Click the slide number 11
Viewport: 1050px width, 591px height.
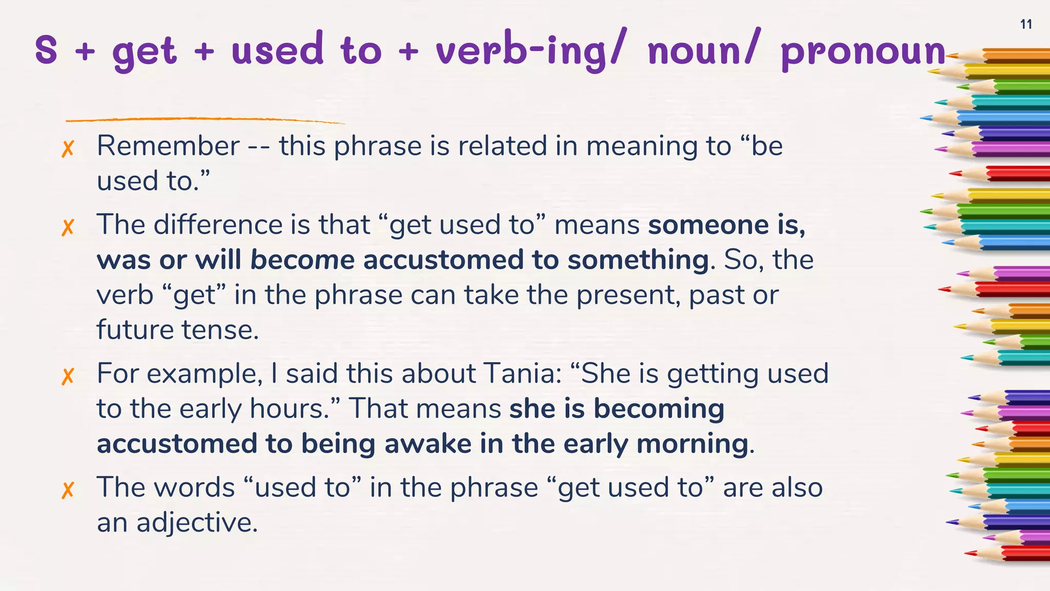pyautogui.click(x=1026, y=24)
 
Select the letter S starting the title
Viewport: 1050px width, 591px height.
pyautogui.click(x=46, y=50)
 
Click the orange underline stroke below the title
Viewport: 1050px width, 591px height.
pyautogui.click(x=205, y=120)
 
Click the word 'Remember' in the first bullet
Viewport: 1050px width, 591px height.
pyautogui.click(x=168, y=146)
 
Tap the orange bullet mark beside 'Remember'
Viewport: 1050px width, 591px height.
pyautogui.click(x=68, y=148)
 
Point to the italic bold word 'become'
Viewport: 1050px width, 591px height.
pyautogui.click(x=302, y=260)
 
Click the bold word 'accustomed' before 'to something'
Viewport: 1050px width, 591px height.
pyautogui.click(x=443, y=260)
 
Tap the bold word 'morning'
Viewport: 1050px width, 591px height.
pyautogui.click(x=692, y=444)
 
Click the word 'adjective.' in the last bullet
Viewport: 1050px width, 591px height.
pyautogui.click(x=197, y=523)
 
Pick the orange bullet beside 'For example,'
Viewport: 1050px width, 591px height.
pyautogui.click(x=68, y=376)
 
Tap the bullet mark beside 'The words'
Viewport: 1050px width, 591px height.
pyautogui.click(x=68, y=490)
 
